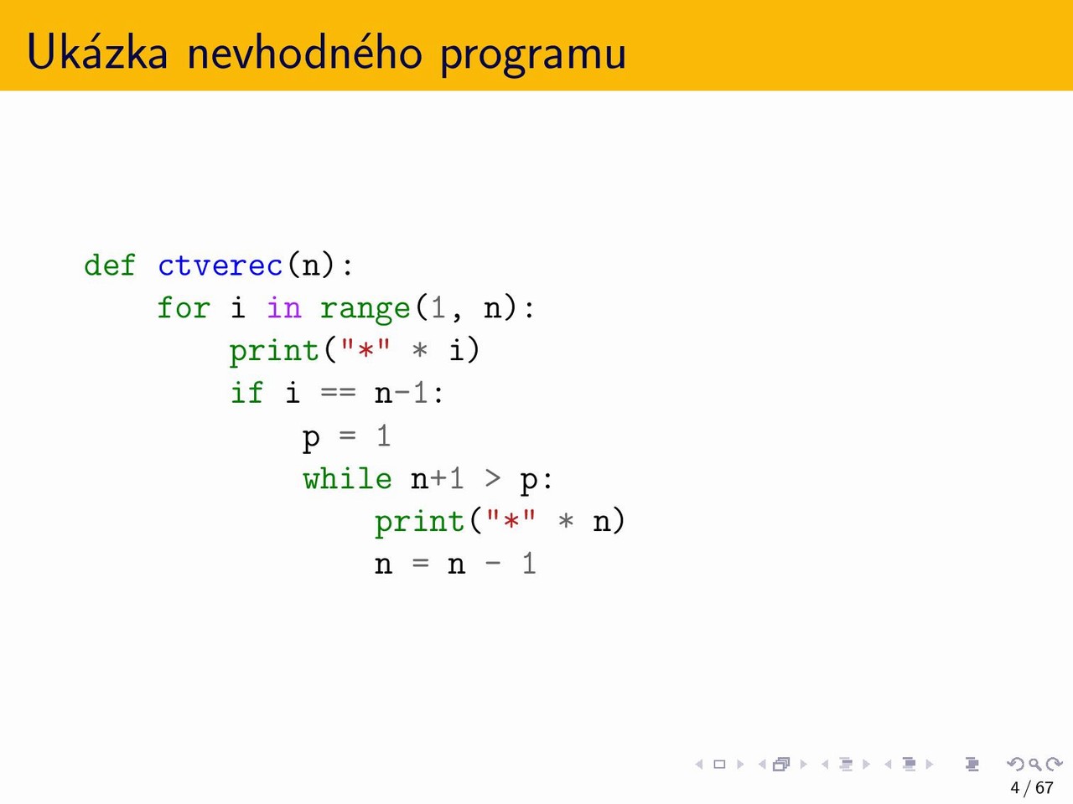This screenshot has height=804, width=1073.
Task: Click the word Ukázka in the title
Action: click(97, 52)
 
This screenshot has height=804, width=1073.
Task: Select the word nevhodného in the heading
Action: click(304, 52)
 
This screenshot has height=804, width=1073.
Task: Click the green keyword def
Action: click(110, 265)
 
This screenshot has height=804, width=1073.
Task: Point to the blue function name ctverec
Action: click(220, 266)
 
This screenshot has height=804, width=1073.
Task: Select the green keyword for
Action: click(184, 308)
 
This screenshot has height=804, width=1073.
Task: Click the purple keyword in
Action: click(284, 308)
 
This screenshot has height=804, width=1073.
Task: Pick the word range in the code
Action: click(365, 310)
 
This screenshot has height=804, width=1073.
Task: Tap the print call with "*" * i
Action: click(355, 352)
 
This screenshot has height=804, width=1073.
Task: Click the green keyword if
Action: click(246, 394)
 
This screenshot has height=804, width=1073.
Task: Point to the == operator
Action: click(339, 394)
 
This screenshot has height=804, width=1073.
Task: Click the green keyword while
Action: click(347, 478)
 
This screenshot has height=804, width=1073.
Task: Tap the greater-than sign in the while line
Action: click(493, 478)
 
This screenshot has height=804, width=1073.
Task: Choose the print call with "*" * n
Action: click(500, 522)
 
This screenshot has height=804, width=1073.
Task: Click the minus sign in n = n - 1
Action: click(493, 564)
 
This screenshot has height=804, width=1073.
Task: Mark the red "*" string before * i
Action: click(365, 349)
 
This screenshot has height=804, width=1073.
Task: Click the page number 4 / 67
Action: click(1031, 788)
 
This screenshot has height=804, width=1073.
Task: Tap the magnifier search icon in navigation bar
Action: click(1035, 764)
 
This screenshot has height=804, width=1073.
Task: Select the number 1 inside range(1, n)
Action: click(438, 307)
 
